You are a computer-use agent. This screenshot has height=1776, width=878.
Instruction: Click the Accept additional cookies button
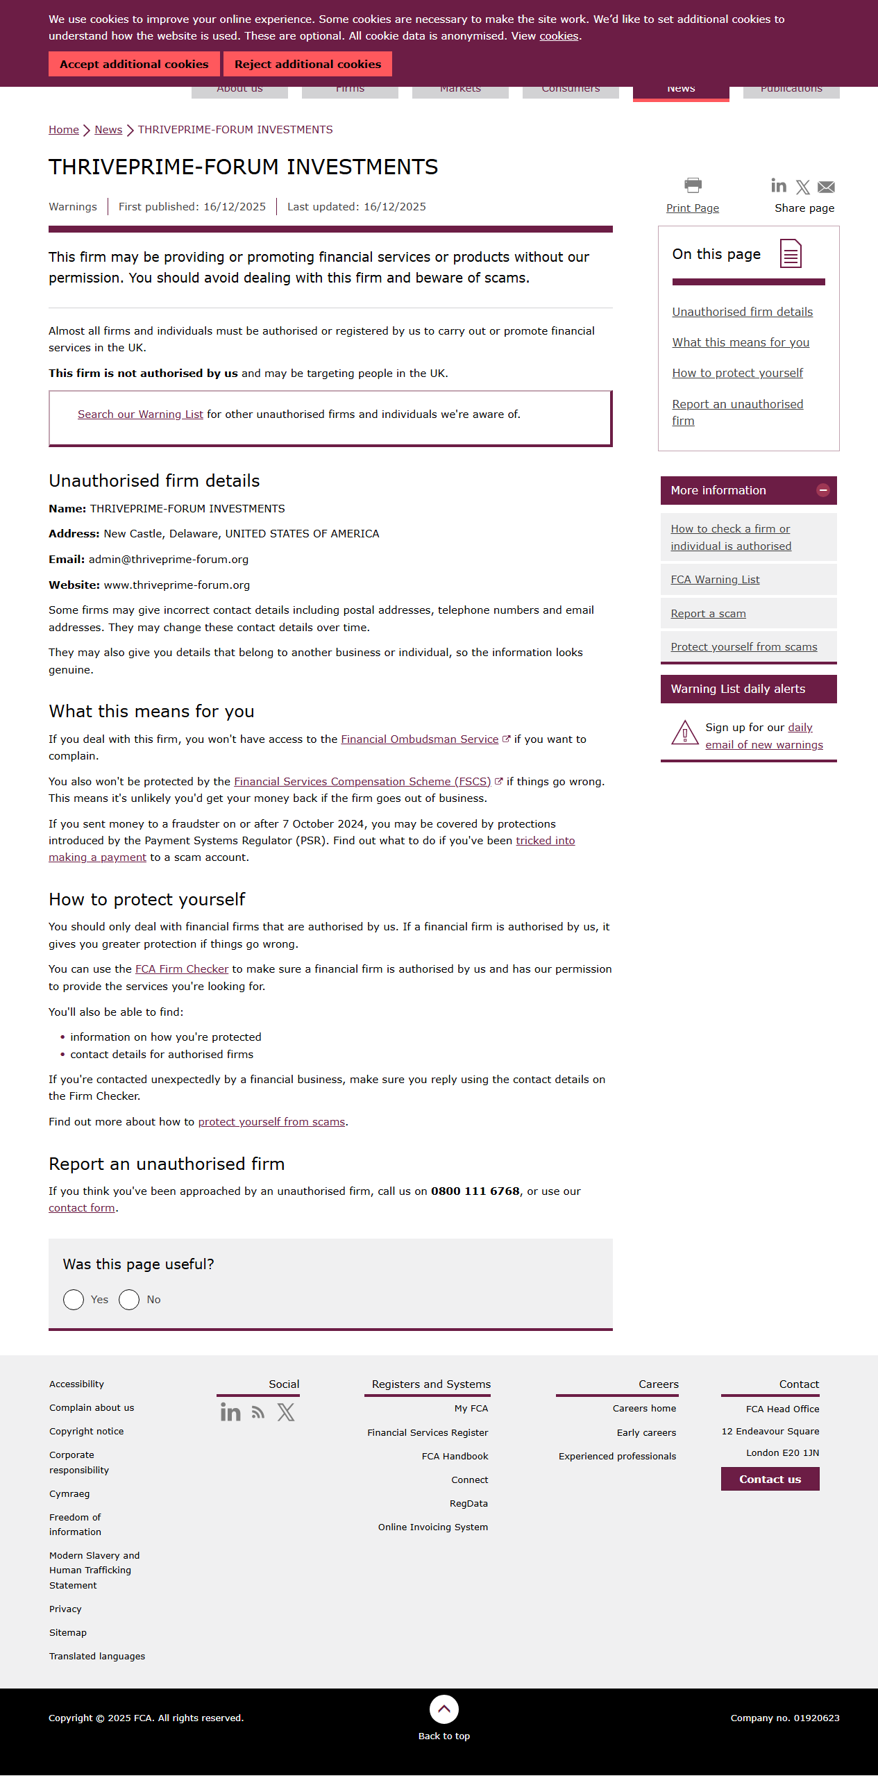click(x=134, y=64)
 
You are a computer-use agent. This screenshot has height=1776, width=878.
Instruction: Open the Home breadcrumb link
click(x=63, y=130)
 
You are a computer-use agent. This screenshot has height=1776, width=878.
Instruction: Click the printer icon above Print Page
click(x=693, y=185)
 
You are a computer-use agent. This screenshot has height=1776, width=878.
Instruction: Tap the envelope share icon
click(x=826, y=187)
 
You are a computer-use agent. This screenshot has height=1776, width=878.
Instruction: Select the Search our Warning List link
click(x=140, y=414)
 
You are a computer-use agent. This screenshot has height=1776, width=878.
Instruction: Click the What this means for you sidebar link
click(x=741, y=342)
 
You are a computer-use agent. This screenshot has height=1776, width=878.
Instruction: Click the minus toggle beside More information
click(x=823, y=490)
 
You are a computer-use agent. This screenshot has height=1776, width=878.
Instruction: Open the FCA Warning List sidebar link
click(x=715, y=580)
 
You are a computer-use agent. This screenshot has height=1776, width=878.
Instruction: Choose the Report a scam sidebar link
click(x=708, y=614)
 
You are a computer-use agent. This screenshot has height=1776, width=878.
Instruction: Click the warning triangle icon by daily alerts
click(x=684, y=733)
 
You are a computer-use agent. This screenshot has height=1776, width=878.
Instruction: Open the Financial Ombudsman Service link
click(x=419, y=739)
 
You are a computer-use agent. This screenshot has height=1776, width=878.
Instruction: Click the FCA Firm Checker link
click(x=182, y=969)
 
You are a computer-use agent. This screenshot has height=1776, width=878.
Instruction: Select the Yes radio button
click(x=74, y=1300)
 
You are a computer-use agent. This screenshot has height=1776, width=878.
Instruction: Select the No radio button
click(x=129, y=1300)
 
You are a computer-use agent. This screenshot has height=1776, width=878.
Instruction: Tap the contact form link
click(x=82, y=1208)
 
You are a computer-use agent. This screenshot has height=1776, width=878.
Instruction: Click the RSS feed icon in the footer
click(x=258, y=1412)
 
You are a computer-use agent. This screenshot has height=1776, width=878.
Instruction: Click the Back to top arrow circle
click(x=444, y=1709)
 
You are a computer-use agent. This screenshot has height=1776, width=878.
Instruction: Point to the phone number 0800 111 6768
click(x=475, y=1191)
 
